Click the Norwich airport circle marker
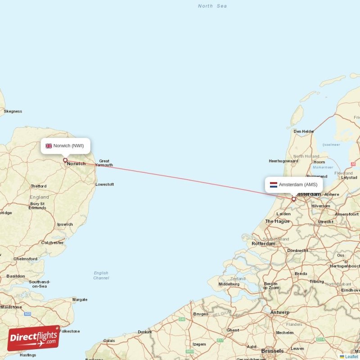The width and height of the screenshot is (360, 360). (65, 160)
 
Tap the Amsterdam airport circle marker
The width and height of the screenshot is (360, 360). (294, 198)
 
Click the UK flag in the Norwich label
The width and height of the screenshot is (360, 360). (49, 146)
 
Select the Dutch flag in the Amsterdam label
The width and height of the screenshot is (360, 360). (273, 184)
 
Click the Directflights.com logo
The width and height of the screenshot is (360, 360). (33, 338)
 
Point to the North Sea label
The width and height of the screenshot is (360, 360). (212, 6)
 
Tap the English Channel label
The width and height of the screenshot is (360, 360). (101, 275)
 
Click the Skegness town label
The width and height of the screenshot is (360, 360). (13, 111)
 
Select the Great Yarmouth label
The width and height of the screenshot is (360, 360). (104, 163)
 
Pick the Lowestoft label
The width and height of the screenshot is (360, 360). (105, 184)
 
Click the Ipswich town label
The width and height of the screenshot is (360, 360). (65, 224)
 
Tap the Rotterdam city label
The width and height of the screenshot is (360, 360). (263, 243)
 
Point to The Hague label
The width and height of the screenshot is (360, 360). (277, 221)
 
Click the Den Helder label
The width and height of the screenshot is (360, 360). (304, 131)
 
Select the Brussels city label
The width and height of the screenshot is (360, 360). (272, 351)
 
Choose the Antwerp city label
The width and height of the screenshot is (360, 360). (280, 312)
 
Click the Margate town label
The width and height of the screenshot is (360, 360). (80, 300)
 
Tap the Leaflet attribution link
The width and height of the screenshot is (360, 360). (351, 356)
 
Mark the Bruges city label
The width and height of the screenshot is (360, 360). (201, 314)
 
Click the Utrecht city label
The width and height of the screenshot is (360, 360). (325, 222)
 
